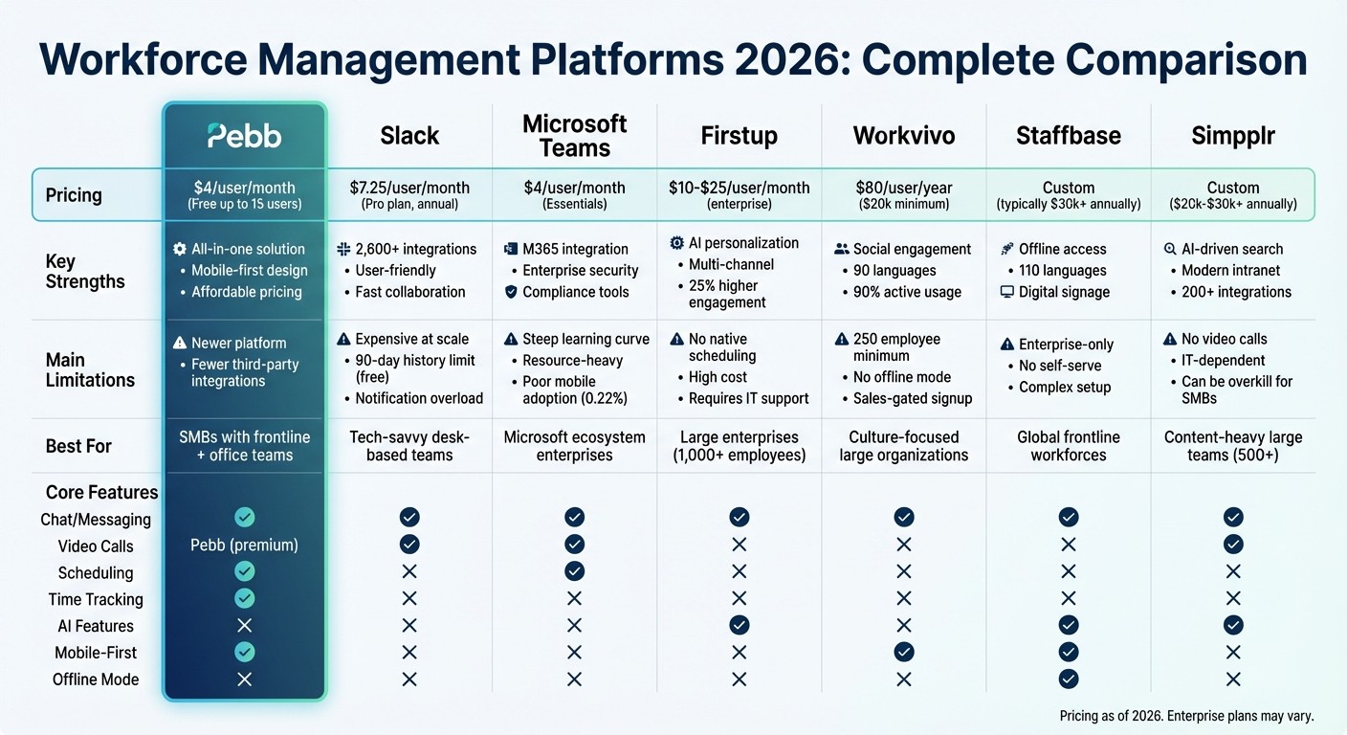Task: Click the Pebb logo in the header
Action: pyautogui.click(x=245, y=136)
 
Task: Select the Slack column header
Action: pyautogui.click(x=409, y=136)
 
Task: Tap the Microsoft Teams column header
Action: pyautogui.click(x=574, y=136)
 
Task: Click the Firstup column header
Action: pyautogui.click(x=739, y=136)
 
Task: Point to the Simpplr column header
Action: pyautogui.click(x=1233, y=136)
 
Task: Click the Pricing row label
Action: pyautogui.click(x=74, y=195)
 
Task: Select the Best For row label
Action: pyautogui.click(x=78, y=446)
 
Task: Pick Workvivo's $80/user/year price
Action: pyautogui.click(x=904, y=188)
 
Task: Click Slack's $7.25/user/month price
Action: pyautogui.click(x=409, y=188)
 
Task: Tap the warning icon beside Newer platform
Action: pyautogui.click(x=180, y=343)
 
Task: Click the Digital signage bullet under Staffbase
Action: pyautogui.click(x=1064, y=292)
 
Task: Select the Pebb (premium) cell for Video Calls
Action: pyautogui.click(x=245, y=546)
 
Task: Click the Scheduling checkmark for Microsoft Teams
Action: pyautogui.click(x=574, y=571)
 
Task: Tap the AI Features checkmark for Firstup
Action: pyautogui.click(x=739, y=625)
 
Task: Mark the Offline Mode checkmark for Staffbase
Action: pyautogui.click(x=1069, y=679)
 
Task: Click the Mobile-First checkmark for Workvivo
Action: pyautogui.click(x=904, y=652)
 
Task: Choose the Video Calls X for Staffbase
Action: pyautogui.click(x=1069, y=545)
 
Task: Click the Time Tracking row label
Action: pyautogui.click(x=96, y=599)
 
